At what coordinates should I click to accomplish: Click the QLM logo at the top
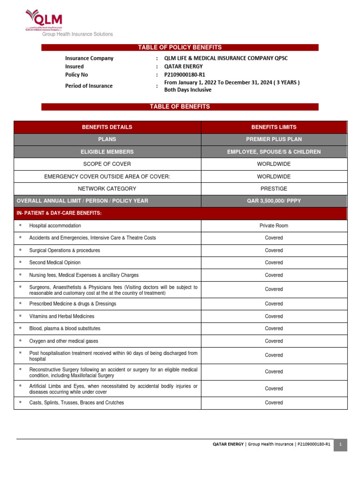point(44,21)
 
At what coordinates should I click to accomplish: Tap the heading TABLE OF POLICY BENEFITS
point(180,47)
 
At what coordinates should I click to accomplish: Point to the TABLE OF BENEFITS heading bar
point(180,107)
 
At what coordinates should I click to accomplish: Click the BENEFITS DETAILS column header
point(107,127)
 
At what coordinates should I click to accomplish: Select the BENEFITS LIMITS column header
point(274,127)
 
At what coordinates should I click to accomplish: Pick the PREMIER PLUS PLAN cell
point(274,139)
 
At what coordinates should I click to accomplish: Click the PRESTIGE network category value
point(274,188)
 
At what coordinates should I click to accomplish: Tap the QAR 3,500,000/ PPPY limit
point(274,201)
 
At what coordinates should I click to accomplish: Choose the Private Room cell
point(274,225)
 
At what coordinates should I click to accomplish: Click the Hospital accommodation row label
point(55,225)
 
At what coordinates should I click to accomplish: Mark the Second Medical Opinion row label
point(55,262)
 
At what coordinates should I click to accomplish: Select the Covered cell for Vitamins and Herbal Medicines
point(274,316)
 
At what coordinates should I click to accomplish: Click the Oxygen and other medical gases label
point(64,341)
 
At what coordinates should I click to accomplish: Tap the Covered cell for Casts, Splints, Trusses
point(274,403)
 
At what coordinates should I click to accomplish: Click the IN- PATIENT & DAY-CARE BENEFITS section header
point(59,213)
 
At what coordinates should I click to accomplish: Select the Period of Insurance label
point(89,86)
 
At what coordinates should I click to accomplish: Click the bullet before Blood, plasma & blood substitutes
point(21,328)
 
